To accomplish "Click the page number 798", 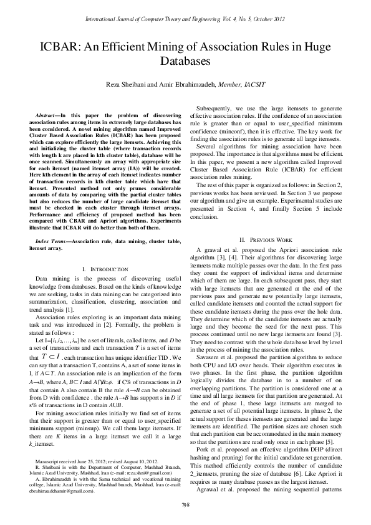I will [185, 504].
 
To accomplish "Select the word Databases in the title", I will [185, 62].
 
